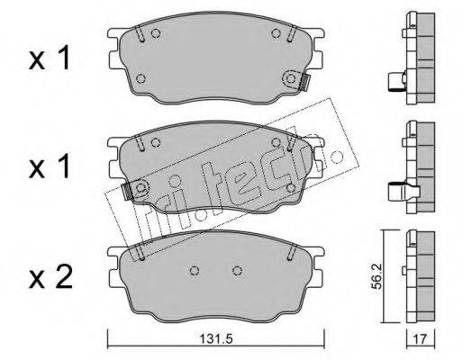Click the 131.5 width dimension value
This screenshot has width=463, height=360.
[x=216, y=340]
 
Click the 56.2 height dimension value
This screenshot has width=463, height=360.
[x=376, y=276]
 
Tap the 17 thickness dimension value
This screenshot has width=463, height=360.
[x=420, y=339]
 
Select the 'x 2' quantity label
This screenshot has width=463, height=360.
[x=50, y=276]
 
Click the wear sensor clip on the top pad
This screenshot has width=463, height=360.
[x=305, y=83]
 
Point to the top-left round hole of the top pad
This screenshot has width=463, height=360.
[x=155, y=33]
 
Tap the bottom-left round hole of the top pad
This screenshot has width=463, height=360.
[x=141, y=78]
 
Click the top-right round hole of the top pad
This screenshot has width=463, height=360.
[x=276, y=33]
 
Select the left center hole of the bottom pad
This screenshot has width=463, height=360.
[x=195, y=271]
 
